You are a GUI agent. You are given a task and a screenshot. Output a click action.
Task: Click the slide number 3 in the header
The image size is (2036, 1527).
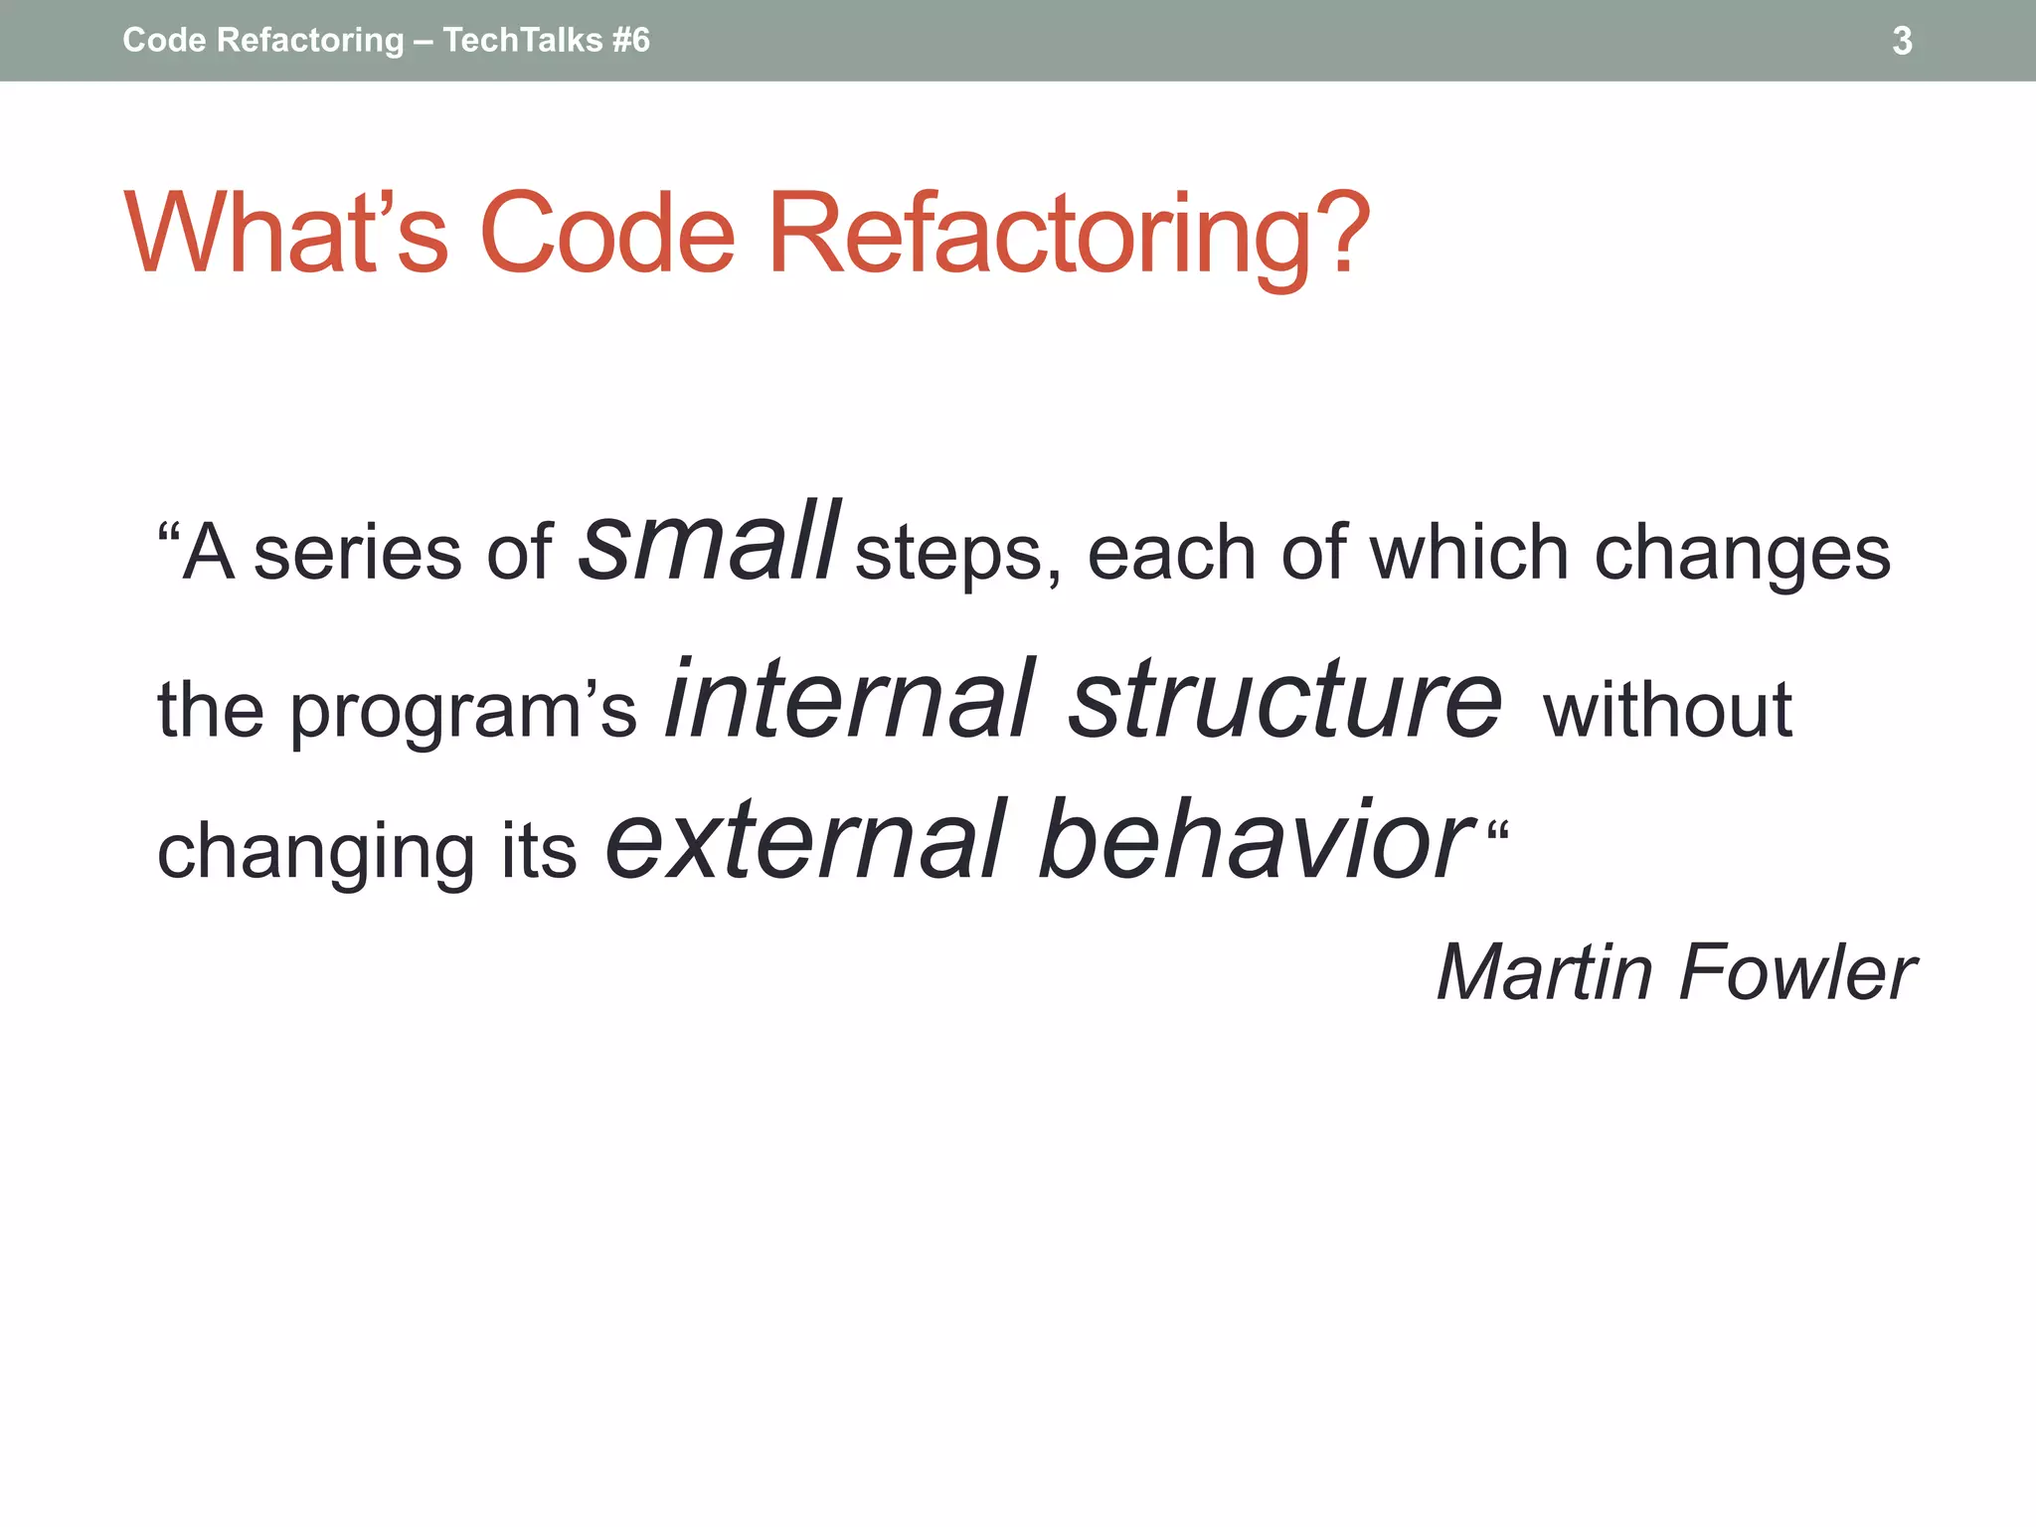tap(1901, 41)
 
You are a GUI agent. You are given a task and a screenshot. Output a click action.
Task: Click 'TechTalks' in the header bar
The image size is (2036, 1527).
tap(522, 41)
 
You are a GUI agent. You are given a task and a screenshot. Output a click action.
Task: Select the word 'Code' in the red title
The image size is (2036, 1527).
tap(606, 234)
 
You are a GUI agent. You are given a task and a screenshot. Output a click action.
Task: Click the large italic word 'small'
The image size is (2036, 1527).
tap(710, 544)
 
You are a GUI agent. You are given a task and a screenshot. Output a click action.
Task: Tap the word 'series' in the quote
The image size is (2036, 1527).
tap(357, 554)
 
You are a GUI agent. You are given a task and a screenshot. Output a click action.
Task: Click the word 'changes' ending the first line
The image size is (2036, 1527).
tap(1741, 554)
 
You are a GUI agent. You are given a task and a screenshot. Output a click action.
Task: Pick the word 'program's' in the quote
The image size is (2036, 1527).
tap(462, 712)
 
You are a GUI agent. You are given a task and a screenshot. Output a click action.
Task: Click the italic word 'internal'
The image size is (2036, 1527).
tap(850, 700)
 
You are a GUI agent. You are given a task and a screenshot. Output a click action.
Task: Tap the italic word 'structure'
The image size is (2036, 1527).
tap(1285, 700)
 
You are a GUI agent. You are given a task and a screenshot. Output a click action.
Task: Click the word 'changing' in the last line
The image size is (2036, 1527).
tap(316, 853)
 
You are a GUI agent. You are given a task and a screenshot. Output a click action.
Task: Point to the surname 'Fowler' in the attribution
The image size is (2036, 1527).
tap(1796, 972)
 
